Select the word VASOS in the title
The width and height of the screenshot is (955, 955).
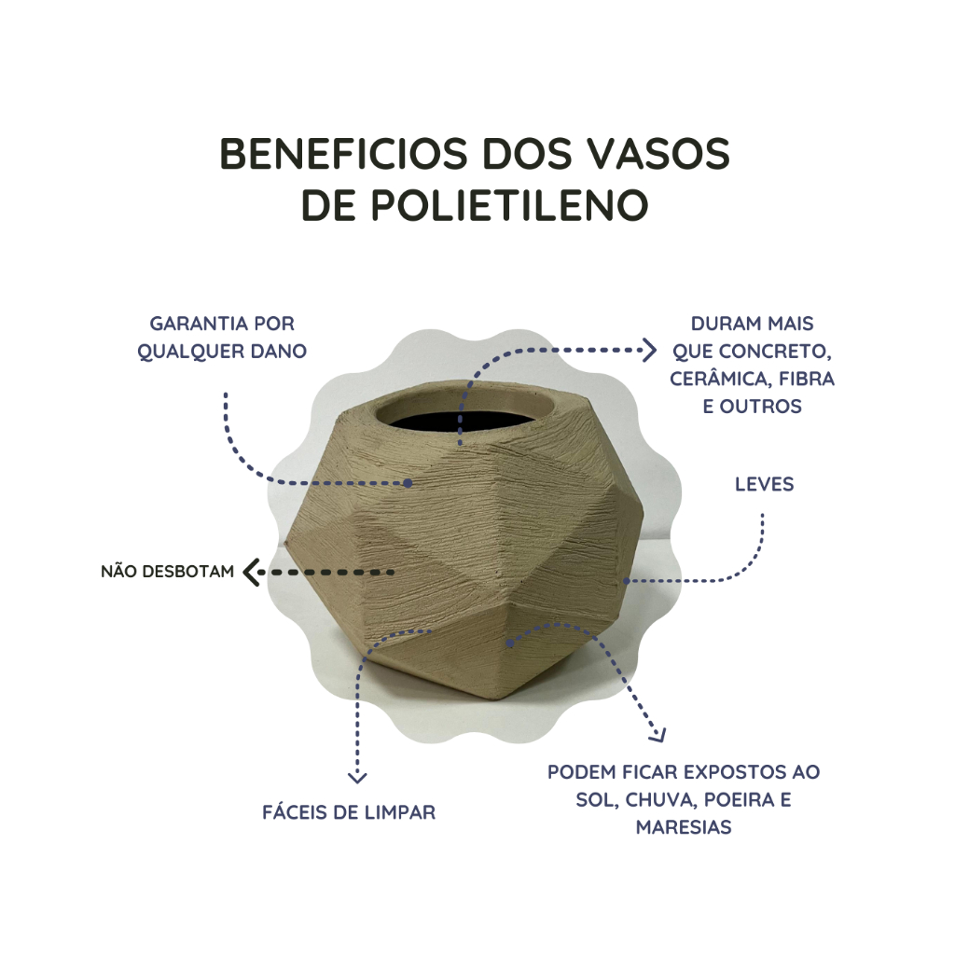(659, 154)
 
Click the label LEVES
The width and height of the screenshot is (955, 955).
(764, 484)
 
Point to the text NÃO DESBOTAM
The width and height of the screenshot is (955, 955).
(168, 572)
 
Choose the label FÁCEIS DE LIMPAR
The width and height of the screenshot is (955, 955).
(349, 812)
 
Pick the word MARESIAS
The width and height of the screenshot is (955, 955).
(684, 827)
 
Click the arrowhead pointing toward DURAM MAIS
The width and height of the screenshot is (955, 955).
(649, 351)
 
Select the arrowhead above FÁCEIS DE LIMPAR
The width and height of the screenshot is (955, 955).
(357, 777)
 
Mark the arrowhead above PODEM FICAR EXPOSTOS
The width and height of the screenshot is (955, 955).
(659, 736)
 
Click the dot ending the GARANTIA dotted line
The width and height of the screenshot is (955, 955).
(408, 483)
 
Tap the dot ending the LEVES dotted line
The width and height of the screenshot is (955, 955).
(626, 581)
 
